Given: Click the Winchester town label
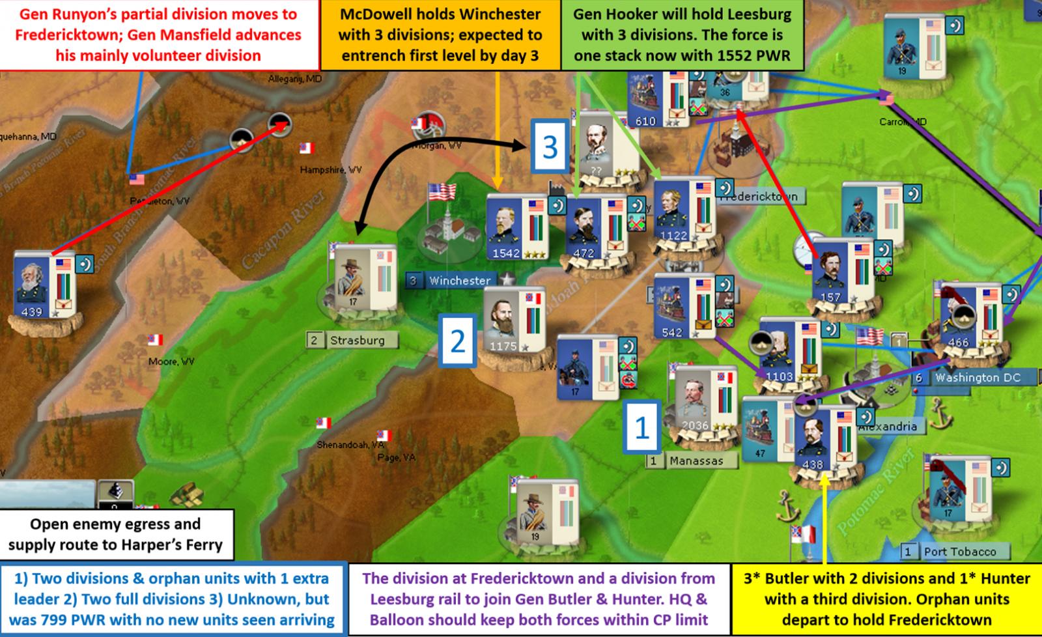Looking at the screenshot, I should (x=459, y=281).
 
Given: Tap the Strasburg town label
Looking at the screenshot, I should (x=357, y=340).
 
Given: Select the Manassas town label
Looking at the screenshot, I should (x=696, y=460).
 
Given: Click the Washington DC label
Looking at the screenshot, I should (x=977, y=378).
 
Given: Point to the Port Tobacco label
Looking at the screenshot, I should (x=959, y=552).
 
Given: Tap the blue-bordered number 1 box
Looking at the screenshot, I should (x=642, y=427).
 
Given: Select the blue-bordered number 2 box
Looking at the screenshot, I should (x=458, y=341).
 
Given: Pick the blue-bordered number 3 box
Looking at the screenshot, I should (x=550, y=147).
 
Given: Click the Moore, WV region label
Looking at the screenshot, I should (x=171, y=361).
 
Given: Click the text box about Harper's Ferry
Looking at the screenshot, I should (x=117, y=534).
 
